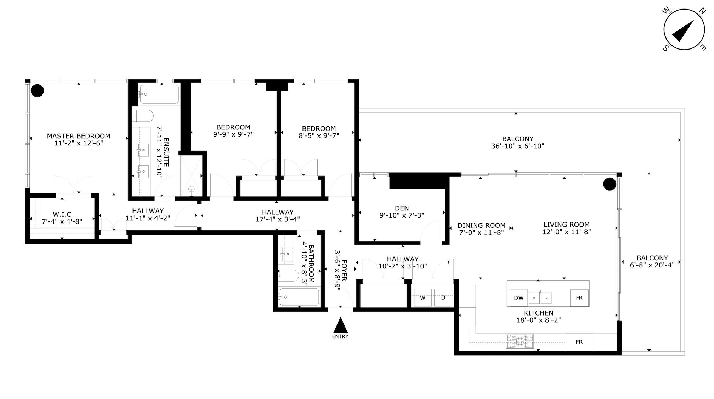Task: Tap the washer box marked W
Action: point(423,297)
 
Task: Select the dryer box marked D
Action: point(443,297)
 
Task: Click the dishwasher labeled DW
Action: point(518,298)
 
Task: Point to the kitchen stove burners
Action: point(520,341)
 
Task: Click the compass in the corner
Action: point(684,30)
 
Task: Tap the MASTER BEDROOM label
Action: point(79,136)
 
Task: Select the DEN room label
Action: point(402,208)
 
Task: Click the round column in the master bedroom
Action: point(37,91)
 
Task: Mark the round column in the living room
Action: point(610,184)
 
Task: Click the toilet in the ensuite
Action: point(143,115)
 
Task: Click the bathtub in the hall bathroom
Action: point(299,297)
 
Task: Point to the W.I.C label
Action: point(62,214)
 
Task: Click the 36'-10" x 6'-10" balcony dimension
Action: point(517,146)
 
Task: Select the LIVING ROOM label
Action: point(566,224)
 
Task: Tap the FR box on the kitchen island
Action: point(579,298)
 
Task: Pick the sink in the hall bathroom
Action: point(287,254)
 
